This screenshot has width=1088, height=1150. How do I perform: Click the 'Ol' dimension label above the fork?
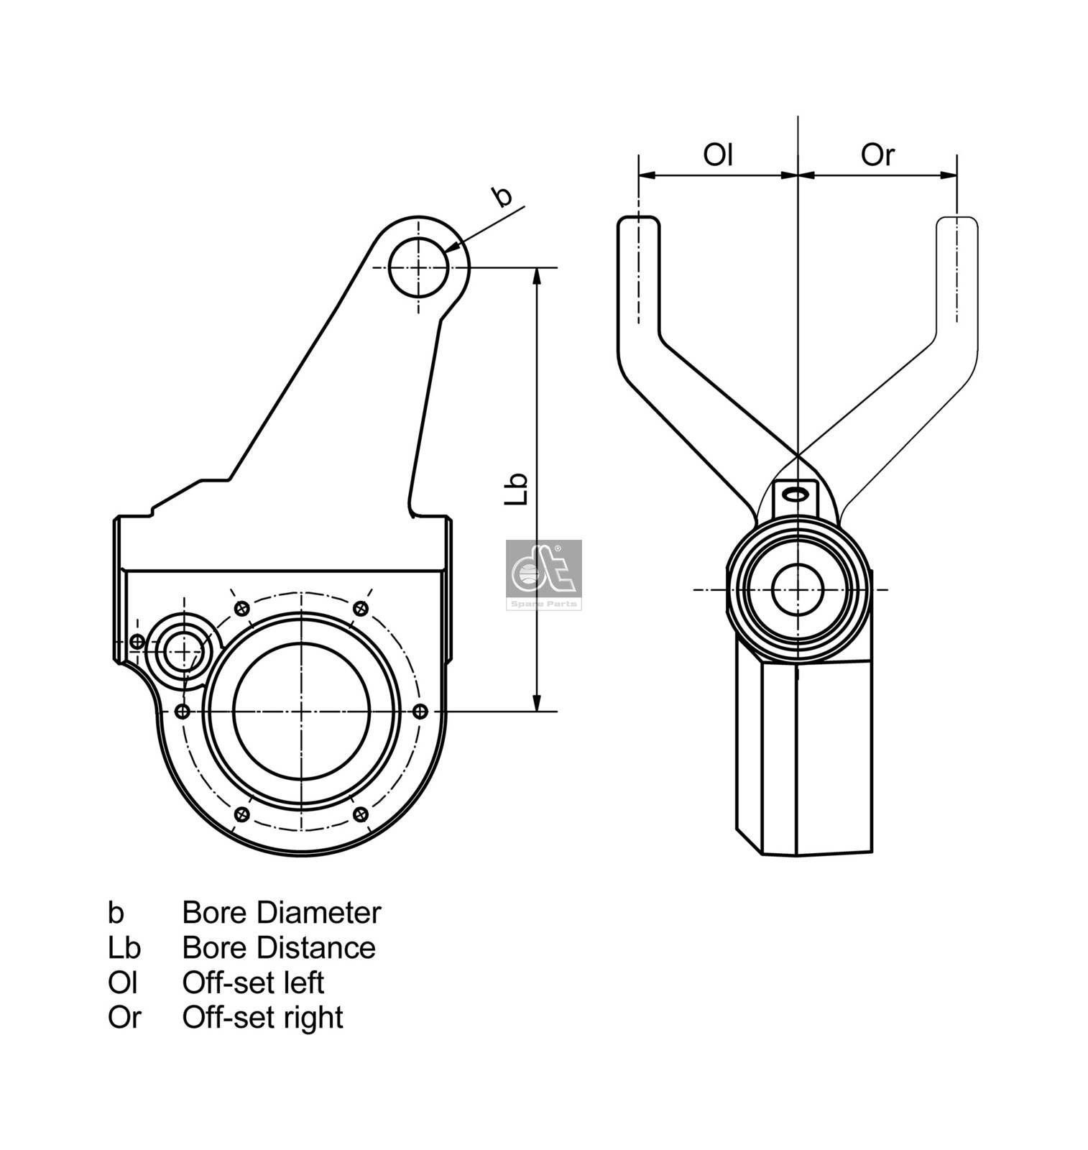pyautogui.click(x=717, y=154)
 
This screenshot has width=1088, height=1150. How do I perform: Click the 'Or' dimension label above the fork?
pyautogui.click(x=877, y=154)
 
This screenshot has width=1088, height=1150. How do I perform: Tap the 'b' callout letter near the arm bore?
pyautogui.click(x=502, y=196)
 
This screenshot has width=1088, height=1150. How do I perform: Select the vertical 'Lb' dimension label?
pyautogui.click(x=517, y=489)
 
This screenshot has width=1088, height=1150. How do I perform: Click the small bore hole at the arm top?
pyautogui.click(x=418, y=267)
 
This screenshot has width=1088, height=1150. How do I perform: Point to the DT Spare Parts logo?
pyautogui.click(x=543, y=574)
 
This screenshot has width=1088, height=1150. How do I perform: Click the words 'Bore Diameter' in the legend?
pyautogui.click(x=281, y=913)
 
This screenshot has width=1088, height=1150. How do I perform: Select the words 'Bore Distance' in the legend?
pyautogui.click(x=278, y=947)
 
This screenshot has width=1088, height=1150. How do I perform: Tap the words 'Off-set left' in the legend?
pyautogui.click(x=252, y=982)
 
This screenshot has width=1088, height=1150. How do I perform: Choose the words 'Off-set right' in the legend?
pyautogui.click(x=262, y=1017)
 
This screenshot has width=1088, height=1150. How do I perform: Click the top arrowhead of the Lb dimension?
pyautogui.click(x=536, y=276)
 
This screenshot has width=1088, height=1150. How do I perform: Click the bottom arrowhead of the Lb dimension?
pyautogui.click(x=536, y=703)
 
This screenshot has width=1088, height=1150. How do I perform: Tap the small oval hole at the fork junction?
pyautogui.click(x=796, y=494)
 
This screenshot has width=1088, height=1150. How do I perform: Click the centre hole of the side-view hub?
pyautogui.click(x=797, y=589)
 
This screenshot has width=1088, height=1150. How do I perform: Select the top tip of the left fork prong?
pyautogui.click(x=638, y=218)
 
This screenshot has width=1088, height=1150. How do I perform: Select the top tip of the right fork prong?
pyautogui.click(x=956, y=218)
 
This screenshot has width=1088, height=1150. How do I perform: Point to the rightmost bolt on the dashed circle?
pyautogui.click(x=421, y=712)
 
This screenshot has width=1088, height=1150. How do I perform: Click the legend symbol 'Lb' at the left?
pyautogui.click(x=124, y=947)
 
